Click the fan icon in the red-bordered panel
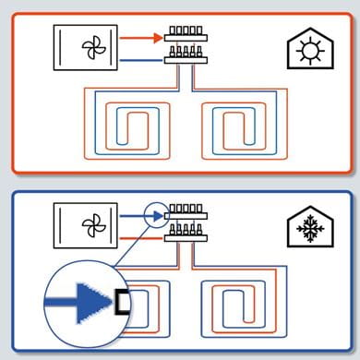tap(91, 47)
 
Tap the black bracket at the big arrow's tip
tap(122, 302)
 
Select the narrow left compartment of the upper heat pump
tap(62, 47)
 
